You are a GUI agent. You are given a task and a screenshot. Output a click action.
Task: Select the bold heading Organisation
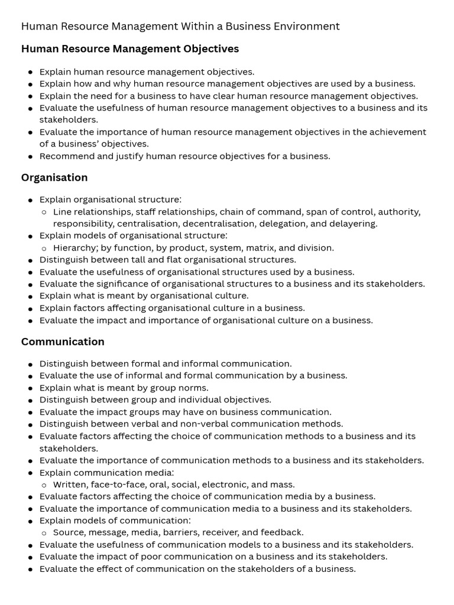pos(54,178)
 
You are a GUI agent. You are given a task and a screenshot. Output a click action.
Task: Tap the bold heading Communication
pos(63,341)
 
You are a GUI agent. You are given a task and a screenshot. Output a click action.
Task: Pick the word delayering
pos(352,224)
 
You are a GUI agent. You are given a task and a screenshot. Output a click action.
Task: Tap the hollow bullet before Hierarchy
pos(44,248)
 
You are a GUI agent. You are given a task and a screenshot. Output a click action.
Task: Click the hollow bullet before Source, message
pos(44,532)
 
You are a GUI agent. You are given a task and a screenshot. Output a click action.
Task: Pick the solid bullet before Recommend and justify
pos(31,157)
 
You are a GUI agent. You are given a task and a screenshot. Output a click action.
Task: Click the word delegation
pos(283,224)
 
